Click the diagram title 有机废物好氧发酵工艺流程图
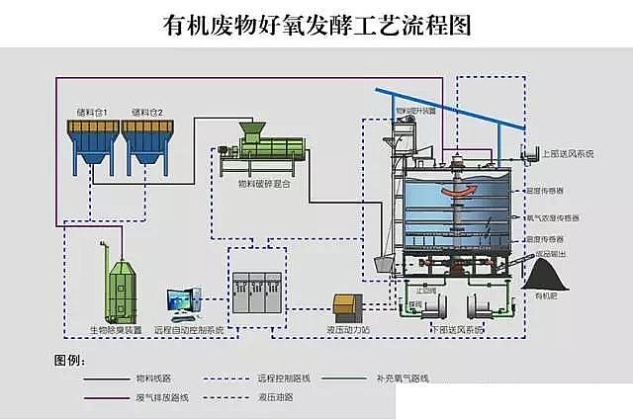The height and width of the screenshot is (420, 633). pyautogui.click(x=316, y=24)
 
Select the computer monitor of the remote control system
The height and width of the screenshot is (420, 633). pyautogui.click(x=181, y=299)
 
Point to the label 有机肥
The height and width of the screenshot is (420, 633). pyautogui.click(x=546, y=295)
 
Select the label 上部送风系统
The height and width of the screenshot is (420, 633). pyautogui.click(x=567, y=154)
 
